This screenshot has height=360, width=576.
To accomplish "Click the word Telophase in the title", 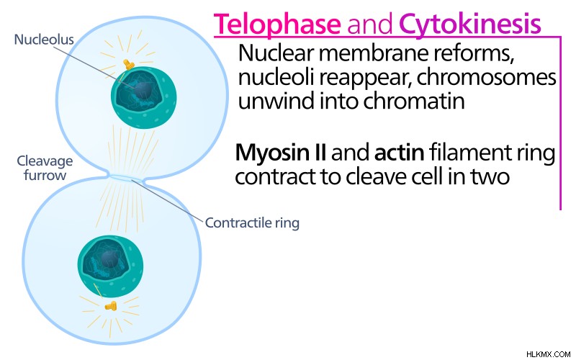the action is pos(277,24).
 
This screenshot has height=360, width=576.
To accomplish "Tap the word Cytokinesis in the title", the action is pos(470,24).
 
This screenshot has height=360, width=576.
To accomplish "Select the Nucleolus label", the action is pos(44,40).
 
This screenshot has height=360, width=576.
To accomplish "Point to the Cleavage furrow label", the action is pos(45,168).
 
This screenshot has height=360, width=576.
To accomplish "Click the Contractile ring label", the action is pos(252,222).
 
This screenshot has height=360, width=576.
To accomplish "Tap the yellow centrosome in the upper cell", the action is pos(129,65).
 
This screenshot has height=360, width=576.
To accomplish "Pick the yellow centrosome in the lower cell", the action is pos(111,305).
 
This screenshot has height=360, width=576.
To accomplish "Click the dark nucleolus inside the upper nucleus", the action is pos(143,90).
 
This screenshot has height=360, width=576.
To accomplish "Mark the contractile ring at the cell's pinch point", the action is pos(127,178).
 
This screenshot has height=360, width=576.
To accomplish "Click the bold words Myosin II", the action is pos(281,153).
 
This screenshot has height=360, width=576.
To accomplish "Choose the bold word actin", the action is pos(399,153).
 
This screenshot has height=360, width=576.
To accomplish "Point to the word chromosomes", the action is pos(487,78).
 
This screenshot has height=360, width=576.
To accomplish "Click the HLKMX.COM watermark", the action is pos(548,354).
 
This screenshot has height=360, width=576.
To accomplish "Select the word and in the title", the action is pos(370,25).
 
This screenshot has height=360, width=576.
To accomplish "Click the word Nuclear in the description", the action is pos(276,53).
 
